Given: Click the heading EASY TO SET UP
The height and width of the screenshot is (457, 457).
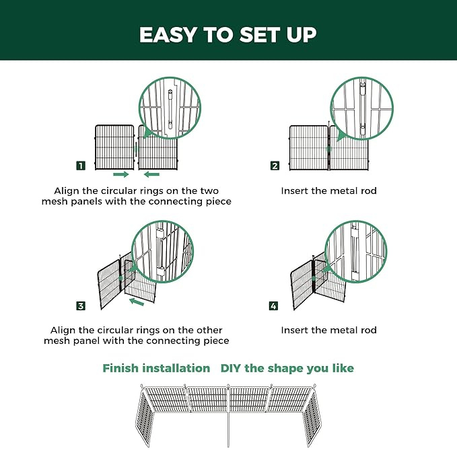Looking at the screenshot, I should (227, 35).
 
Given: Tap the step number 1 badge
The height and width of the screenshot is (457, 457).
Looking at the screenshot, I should (81, 166).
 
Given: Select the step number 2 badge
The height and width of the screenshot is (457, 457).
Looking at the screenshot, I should (275, 166).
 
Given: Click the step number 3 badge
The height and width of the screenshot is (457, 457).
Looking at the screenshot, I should (81, 306).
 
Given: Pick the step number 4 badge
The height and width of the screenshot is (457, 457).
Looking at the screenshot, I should (273, 306).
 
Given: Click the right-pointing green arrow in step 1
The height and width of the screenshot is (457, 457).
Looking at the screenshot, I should (121, 174).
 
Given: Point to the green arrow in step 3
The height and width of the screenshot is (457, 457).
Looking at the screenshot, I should (137, 302).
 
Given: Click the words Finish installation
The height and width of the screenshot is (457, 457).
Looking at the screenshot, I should (156, 368).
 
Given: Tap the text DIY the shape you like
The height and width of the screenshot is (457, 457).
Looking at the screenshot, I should (287, 368).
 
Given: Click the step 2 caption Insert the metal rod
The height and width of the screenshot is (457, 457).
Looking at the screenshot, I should (328, 191).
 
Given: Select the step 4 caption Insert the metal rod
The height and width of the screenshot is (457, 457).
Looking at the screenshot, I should (328, 330).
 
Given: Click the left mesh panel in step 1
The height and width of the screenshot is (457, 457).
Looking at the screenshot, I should (114, 147).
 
